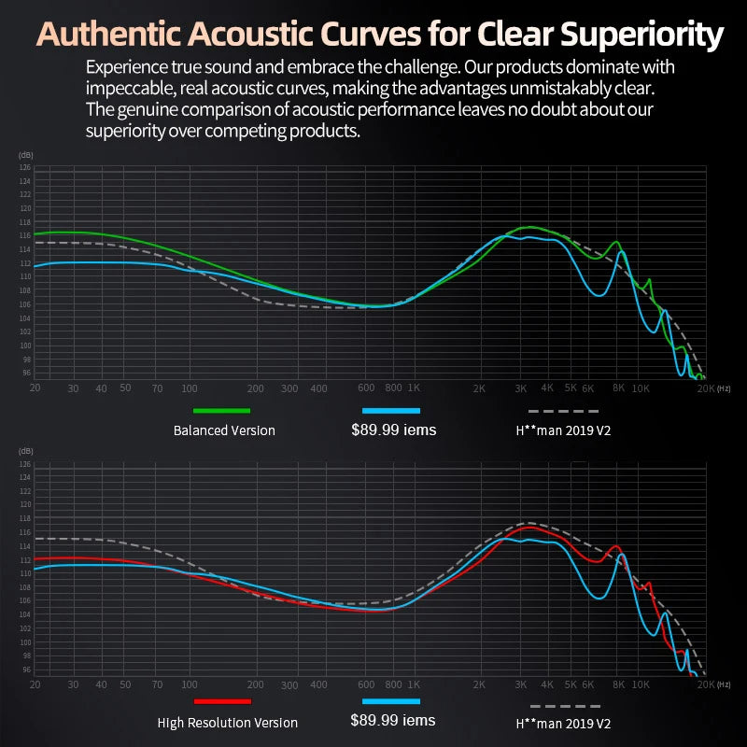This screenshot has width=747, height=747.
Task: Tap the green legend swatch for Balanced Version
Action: point(221,410)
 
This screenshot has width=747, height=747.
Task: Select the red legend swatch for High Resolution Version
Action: point(222,701)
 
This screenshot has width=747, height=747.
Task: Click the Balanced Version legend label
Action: point(224,430)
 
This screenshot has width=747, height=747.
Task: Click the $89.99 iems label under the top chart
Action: point(393,430)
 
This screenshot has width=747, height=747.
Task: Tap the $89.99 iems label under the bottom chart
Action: point(393,721)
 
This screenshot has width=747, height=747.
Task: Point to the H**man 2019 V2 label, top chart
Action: point(563,430)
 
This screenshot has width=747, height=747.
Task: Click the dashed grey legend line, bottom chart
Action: point(563,707)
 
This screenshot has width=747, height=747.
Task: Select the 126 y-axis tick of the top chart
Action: point(25,167)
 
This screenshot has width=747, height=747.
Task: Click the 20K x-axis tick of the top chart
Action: point(705,388)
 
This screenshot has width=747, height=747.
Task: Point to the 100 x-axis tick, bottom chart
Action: point(190,684)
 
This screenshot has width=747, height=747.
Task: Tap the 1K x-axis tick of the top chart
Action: point(414,388)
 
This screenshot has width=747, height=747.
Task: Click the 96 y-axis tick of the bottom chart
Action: point(25,669)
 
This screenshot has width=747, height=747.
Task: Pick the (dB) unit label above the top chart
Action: point(25,155)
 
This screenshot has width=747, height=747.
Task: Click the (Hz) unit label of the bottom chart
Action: point(724,684)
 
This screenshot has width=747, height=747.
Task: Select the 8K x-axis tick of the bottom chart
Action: point(618,684)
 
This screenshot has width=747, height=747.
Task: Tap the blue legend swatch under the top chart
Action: point(391,410)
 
